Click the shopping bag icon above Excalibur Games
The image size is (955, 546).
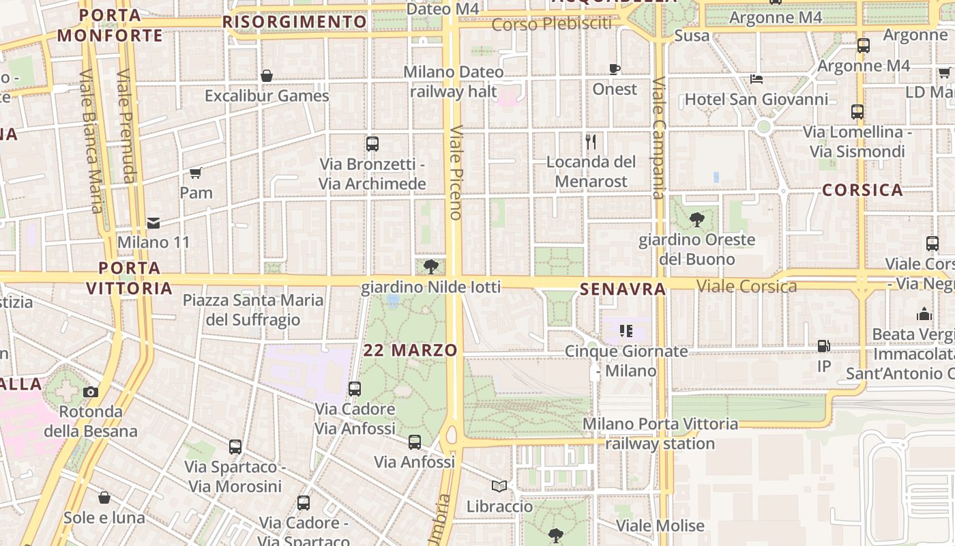[267, 76]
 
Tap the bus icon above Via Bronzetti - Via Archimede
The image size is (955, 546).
[372, 144]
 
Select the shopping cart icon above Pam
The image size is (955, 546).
[196, 173]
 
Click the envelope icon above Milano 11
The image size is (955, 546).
[153, 222]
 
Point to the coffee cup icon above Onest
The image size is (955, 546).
[615, 69]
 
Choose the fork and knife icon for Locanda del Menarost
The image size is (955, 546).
[591, 142]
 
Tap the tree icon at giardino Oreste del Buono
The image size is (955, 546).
[696, 220]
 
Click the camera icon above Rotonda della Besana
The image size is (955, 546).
[90, 392]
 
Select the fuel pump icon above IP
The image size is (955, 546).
[823, 347]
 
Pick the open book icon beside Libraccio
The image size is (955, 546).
[499, 486]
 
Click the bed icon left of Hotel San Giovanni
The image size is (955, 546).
[756, 79]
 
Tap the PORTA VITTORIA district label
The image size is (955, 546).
[129, 278]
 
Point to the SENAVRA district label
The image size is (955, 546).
[622, 289]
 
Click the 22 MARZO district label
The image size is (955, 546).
[410, 350]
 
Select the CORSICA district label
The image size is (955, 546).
[862, 190]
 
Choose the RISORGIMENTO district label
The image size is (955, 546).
[295, 22]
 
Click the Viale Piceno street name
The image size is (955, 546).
[456, 172]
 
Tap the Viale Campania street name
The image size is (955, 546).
[658, 137]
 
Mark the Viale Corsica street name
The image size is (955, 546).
[746, 287]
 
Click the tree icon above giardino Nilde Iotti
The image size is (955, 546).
[430, 266]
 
